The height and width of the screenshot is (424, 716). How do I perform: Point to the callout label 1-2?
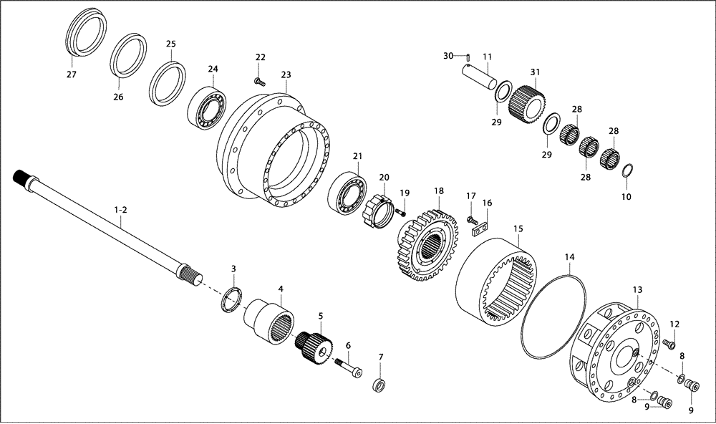pyautogui.click(x=120, y=210)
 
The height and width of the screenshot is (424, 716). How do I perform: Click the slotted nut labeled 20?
pyautogui.click(x=379, y=210)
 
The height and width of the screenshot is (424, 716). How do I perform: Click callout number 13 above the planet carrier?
pyautogui.click(x=637, y=289)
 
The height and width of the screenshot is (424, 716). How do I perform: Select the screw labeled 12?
pyautogui.click(x=669, y=344)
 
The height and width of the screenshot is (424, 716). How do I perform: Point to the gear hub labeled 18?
pyautogui.click(x=425, y=241)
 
